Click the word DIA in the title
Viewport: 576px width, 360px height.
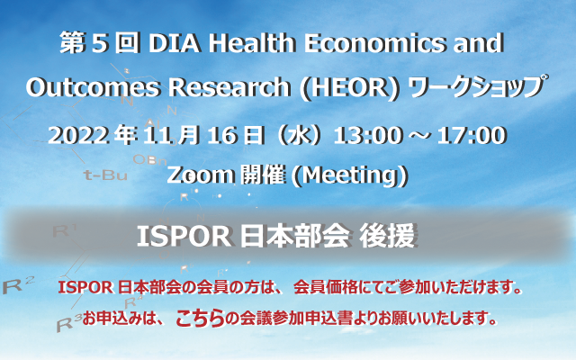175,43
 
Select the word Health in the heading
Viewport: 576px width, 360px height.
252,42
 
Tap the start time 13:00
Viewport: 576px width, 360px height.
368,136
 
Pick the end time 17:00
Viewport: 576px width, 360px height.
472,136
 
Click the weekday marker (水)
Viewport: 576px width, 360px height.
299,136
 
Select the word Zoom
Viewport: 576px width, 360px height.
201,175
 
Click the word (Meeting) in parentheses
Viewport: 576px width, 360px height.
349,176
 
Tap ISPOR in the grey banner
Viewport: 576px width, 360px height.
184,237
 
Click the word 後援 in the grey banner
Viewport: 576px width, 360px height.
387,237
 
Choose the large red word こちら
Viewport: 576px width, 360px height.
200,318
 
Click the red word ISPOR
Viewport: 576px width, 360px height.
85,288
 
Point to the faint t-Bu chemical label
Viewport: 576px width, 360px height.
105,175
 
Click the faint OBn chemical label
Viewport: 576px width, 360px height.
149,160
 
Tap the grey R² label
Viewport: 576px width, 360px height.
18,284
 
